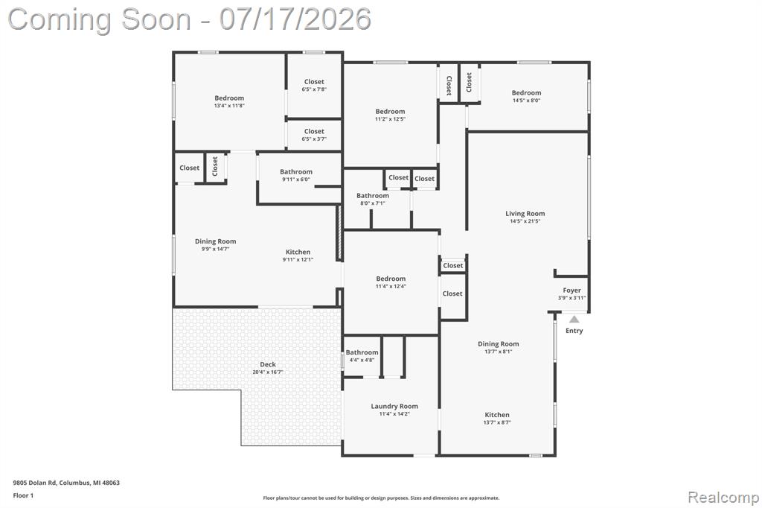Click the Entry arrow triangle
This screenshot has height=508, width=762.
click(x=574, y=320)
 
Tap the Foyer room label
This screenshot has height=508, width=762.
click(x=572, y=290)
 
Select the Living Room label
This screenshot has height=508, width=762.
click(x=525, y=213)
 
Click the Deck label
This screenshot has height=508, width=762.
click(x=268, y=364)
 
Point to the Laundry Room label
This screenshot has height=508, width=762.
click(x=394, y=406)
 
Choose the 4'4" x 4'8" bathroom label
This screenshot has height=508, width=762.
click(x=362, y=360)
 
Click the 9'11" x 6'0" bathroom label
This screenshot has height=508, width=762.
click(x=296, y=179)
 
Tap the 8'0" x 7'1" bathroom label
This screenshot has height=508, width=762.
click(x=373, y=203)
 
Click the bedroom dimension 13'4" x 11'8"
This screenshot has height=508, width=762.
click(x=229, y=105)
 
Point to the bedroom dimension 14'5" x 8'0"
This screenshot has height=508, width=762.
click(x=526, y=101)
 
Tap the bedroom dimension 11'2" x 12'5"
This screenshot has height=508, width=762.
click(x=390, y=118)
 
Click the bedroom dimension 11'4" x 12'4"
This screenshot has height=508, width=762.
click(x=391, y=286)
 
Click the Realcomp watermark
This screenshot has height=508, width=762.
click(x=723, y=497)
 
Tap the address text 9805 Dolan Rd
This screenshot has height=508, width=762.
click(x=35, y=483)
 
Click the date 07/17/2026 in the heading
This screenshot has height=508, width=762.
click(x=295, y=19)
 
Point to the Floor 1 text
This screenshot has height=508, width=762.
click(x=23, y=495)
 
